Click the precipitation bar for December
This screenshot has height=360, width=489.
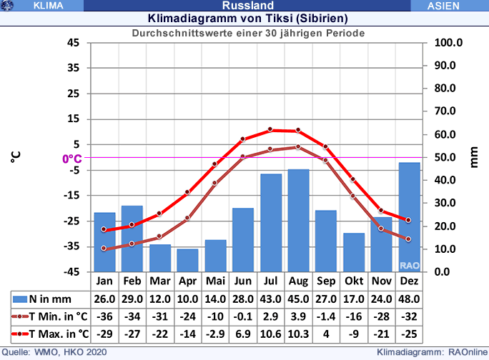coord(409,217)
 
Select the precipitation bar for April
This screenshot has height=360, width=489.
coord(187,260)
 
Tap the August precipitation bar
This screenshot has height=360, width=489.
coord(298,220)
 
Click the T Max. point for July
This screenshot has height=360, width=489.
coord(270,129)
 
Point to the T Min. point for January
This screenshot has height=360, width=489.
coord(104,249)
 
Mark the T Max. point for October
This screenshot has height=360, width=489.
coord(353,179)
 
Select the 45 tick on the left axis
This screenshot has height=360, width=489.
coord(74,43)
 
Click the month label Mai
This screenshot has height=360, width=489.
coord(215,281)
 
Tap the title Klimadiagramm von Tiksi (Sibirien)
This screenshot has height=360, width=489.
coord(248,19)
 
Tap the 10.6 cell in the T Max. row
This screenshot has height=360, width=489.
coord(270,334)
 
